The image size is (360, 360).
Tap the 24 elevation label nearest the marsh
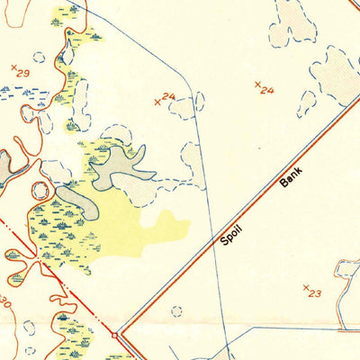168,96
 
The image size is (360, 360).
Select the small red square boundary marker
114,335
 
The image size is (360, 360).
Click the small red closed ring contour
40,192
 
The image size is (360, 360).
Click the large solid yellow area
126,229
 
